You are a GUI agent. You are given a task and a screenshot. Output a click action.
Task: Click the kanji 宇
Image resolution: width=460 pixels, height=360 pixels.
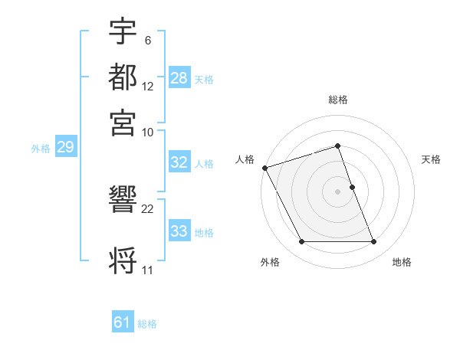point(123,31)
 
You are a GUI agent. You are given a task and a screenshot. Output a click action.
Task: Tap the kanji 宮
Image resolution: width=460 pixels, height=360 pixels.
point(123,122)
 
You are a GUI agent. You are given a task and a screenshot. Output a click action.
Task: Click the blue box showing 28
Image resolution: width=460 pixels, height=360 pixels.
point(179,78)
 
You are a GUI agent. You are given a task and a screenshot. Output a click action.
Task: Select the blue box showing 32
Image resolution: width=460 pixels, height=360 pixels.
point(179,162)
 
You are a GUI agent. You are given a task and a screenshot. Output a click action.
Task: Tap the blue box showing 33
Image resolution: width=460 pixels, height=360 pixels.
point(179,231)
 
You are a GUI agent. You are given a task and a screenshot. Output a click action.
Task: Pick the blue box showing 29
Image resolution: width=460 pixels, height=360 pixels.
point(64,148)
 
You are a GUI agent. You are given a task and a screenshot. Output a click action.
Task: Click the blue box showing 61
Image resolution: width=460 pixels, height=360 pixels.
point(122,322)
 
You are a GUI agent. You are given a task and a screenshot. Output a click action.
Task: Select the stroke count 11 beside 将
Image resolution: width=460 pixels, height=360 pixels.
point(147,270)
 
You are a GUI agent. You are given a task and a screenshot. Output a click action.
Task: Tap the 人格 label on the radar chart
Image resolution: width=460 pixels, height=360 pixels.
point(245,159)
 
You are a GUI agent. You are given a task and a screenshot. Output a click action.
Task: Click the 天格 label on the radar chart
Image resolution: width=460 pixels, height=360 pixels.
point(431,159)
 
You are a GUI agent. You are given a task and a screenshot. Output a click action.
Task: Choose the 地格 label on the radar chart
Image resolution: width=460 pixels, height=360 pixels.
point(402,263)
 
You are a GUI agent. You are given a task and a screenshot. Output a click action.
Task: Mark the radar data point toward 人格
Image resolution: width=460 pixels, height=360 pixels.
point(264,168)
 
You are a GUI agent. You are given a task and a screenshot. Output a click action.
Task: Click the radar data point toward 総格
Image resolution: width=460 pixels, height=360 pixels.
point(337,146)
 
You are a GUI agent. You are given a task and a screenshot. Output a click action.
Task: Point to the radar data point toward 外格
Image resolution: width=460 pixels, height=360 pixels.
point(301,242)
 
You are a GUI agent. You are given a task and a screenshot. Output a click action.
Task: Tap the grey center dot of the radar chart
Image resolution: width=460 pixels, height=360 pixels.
point(337,191)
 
